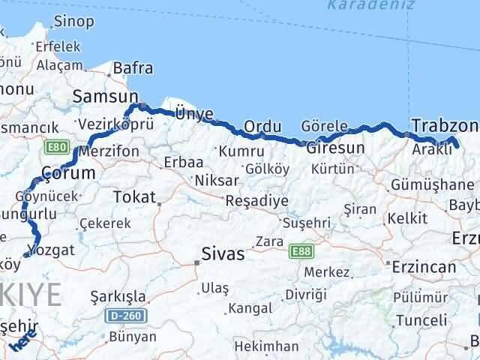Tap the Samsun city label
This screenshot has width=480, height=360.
106,96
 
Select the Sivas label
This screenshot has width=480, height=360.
222,254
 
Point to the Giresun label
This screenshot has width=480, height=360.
335,148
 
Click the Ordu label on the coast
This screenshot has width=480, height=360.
262,125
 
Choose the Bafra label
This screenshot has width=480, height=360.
133,69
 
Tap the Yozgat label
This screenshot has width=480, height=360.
50,250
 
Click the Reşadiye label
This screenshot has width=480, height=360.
257,200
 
